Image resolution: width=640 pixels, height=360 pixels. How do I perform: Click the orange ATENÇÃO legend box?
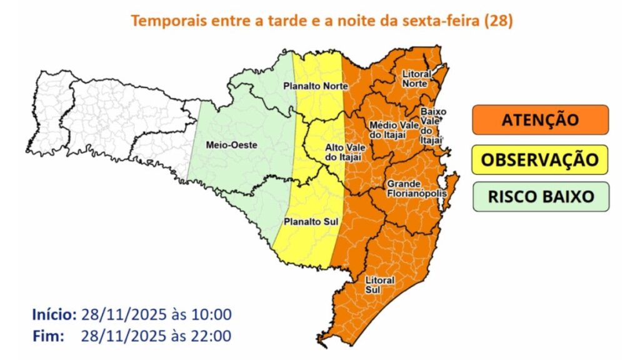coord(540,119)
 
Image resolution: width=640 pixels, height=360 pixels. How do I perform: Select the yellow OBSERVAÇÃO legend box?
coord(540,159)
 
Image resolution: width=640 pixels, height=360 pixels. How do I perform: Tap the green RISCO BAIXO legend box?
coord(540,196)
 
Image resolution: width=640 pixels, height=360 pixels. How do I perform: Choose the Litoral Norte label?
coord(414,78)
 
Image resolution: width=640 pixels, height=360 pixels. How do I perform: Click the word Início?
coord(54,314)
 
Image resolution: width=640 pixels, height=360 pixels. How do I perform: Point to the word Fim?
coord(48,336)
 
